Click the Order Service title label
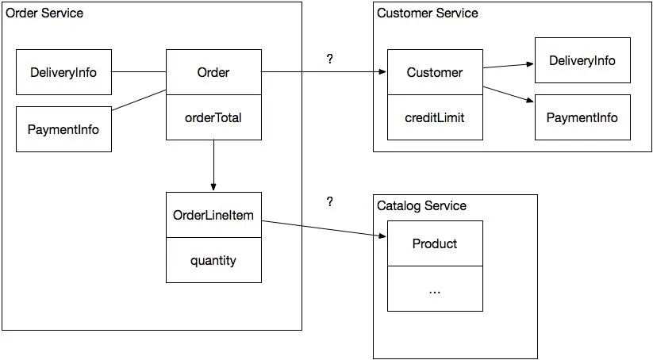44,13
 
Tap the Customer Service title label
428,13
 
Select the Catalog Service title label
421,205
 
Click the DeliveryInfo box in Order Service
63,72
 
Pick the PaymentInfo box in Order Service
63,129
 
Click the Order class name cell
213,72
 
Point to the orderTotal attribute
213,117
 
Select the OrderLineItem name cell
213,215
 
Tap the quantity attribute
213,261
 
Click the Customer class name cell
435,72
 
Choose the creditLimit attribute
434,117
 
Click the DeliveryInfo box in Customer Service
582,60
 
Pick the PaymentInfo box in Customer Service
582,117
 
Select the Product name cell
435,243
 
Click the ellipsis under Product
434,292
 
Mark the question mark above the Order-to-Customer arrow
330,59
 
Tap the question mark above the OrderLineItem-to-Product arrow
330,202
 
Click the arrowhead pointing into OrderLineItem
213,188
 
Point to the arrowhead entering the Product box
382,236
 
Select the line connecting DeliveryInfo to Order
139,72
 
